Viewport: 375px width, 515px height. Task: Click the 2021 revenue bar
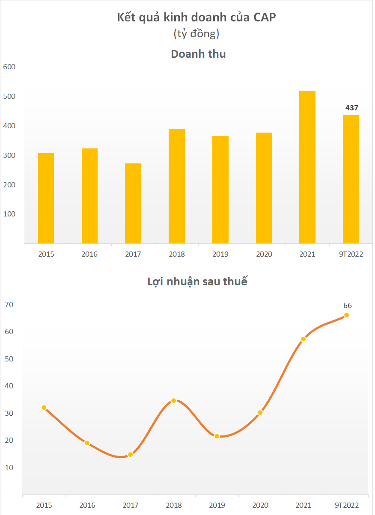pyautogui.click(x=307, y=167)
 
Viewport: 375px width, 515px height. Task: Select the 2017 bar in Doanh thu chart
pyautogui.click(x=133, y=203)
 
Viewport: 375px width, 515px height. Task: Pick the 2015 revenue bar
pyautogui.click(x=46, y=198)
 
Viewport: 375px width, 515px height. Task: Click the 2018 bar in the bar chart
pyautogui.click(x=177, y=186)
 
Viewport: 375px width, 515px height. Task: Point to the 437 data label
pyautogui.click(x=351, y=108)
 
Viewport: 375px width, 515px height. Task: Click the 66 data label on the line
pyautogui.click(x=347, y=305)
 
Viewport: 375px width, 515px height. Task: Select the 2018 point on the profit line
pyautogui.click(x=174, y=401)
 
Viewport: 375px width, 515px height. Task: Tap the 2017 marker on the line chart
pyautogui.click(x=131, y=454)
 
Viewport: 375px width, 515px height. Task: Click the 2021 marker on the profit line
pyautogui.click(x=303, y=339)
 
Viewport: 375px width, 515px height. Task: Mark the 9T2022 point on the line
pyautogui.click(x=347, y=315)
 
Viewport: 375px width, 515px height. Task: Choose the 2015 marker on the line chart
pyautogui.click(x=44, y=408)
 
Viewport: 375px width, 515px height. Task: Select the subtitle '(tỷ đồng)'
pyautogui.click(x=196, y=33)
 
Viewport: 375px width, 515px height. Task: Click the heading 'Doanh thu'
pyautogui.click(x=198, y=54)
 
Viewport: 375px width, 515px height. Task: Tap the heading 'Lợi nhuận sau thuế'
pyautogui.click(x=197, y=282)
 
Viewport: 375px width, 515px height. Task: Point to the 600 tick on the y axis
pyautogui.click(x=9, y=67)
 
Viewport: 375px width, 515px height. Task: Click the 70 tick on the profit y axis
pyautogui.click(x=9, y=305)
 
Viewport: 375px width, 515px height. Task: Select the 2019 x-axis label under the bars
pyautogui.click(x=220, y=254)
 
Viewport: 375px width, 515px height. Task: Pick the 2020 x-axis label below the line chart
pyautogui.click(x=261, y=505)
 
